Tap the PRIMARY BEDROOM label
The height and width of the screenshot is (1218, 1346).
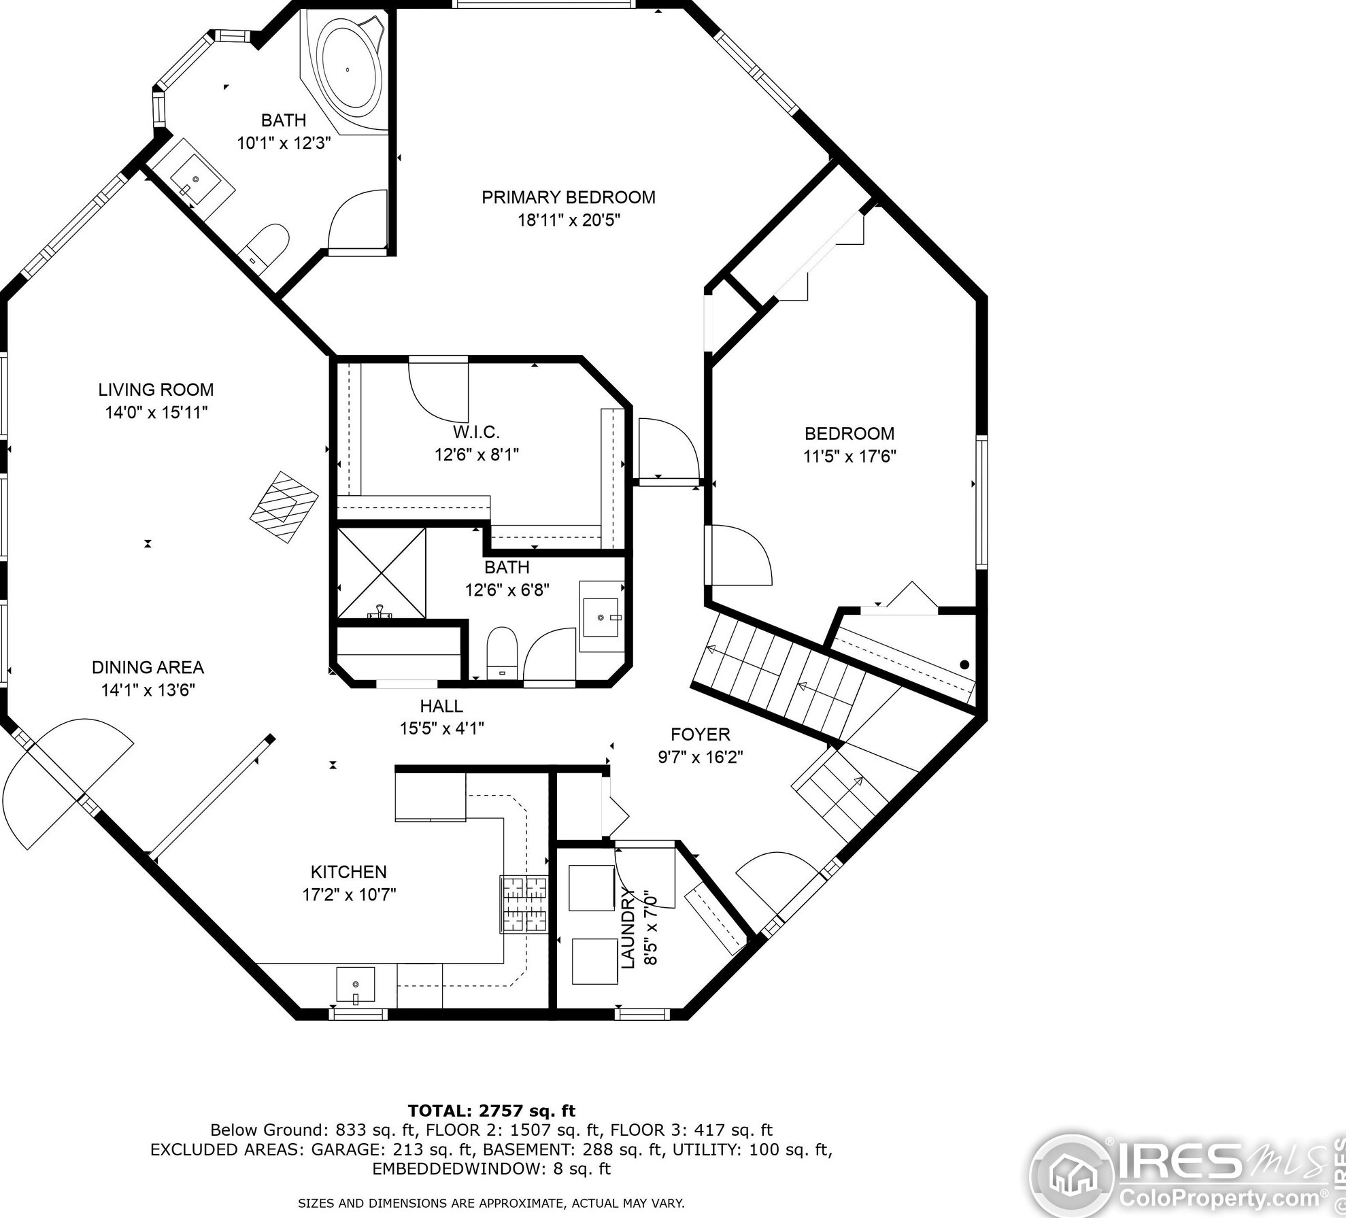569,197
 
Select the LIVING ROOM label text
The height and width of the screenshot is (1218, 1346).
156,390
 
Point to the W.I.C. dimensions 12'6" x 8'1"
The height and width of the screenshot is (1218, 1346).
477,454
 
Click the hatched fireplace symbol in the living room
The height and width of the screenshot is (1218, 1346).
284,507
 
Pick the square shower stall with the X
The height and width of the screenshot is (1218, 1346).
382,573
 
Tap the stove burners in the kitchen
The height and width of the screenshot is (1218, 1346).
524,904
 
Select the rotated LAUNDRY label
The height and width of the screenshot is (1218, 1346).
628,928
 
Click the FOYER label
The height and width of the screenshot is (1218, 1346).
701,734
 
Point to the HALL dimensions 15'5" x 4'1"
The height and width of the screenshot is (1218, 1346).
441,728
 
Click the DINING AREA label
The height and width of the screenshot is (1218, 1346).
148,667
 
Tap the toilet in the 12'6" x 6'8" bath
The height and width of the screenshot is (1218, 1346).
503,652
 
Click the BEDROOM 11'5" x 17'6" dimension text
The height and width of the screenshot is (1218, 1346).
849,456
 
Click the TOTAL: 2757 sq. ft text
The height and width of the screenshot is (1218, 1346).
492,1111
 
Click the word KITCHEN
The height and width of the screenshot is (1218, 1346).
349,872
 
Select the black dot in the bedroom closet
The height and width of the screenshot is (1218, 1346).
964,665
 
